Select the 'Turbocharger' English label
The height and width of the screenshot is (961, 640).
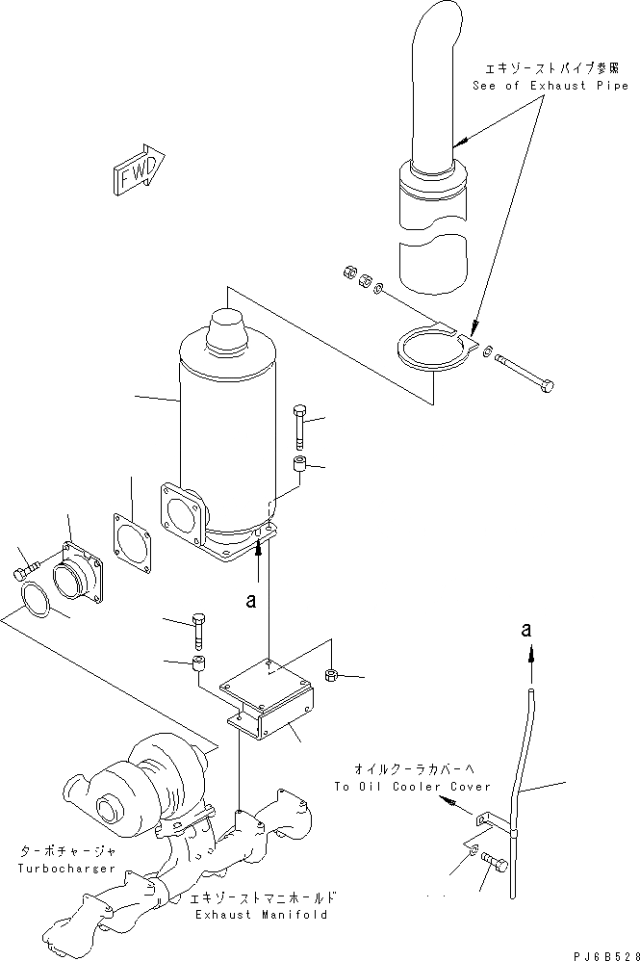pos(67,869)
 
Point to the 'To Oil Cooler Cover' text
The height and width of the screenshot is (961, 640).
pos(412,787)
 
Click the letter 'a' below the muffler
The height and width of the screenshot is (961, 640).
pos(250,600)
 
